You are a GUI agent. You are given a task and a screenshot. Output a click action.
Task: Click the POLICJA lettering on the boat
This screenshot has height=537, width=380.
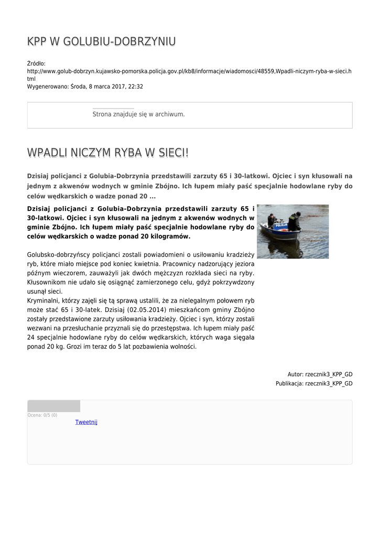click(281, 224)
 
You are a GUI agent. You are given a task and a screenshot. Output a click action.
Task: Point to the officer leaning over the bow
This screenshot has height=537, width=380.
click(295, 222)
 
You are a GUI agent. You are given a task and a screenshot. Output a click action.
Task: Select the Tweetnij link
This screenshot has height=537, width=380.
click(86, 422)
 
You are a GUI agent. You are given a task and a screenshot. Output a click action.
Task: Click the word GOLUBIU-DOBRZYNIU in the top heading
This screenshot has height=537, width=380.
click(119, 42)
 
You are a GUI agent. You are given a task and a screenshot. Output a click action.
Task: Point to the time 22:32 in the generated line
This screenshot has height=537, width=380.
click(136, 87)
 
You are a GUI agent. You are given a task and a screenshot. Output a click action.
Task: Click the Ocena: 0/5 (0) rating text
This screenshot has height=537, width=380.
click(42, 415)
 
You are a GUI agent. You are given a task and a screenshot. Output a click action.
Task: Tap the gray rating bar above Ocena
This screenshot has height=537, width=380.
click(53, 406)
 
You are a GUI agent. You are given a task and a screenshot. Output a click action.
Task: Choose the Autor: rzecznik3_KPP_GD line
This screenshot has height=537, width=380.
click(320, 374)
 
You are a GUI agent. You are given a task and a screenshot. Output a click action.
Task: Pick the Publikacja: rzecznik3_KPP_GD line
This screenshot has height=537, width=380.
click(314, 384)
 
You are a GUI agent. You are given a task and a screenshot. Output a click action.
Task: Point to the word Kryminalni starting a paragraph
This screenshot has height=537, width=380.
click(44, 300)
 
